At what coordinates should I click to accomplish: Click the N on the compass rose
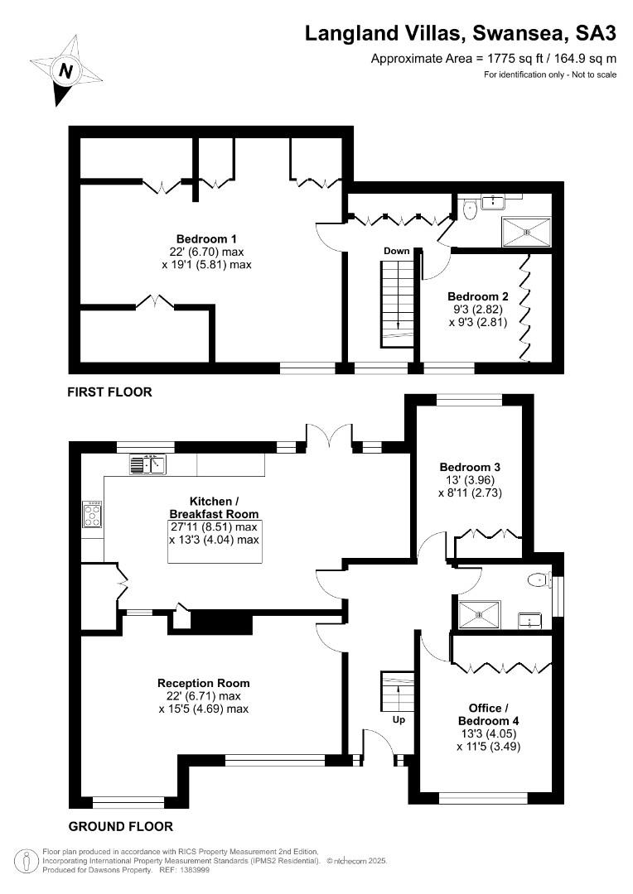pyautogui.click(x=67, y=71)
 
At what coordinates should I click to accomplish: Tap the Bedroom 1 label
pyautogui.click(x=206, y=239)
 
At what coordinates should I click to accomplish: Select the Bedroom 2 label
pyautogui.click(x=478, y=296)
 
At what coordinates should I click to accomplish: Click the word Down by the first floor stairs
pyautogui.click(x=397, y=251)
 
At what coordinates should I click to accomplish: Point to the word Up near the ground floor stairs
pyautogui.click(x=399, y=719)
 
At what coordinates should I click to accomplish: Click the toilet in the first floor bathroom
pyautogui.click(x=470, y=209)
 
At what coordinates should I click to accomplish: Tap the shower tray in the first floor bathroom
pyautogui.click(x=526, y=232)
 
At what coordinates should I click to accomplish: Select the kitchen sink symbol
pyautogui.click(x=147, y=464)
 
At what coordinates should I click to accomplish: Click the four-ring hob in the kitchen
pyautogui.click(x=92, y=514)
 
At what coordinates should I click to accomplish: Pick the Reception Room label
pyautogui.click(x=204, y=683)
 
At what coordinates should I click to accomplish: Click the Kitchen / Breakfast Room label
pyautogui.click(x=214, y=507)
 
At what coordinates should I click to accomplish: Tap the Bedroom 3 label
pyautogui.click(x=470, y=467)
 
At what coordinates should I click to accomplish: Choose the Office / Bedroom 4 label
pyautogui.click(x=489, y=714)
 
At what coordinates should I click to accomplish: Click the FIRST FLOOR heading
pyautogui.click(x=109, y=392)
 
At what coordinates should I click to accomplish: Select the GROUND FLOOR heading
pyautogui.click(x=120, y=826)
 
